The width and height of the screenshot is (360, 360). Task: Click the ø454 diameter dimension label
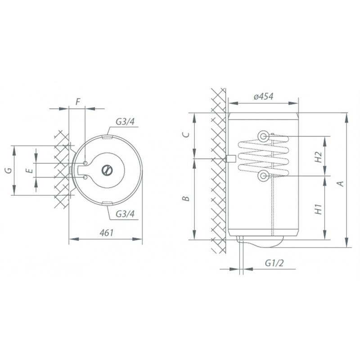(263, 97)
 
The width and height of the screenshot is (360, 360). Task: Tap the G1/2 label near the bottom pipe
(274, 263)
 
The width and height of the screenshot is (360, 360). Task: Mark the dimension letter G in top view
(7, 170)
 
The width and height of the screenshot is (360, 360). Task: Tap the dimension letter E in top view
(29, 170)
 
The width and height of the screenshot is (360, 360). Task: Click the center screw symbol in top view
(107, 170)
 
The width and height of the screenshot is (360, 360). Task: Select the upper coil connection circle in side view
(263, 135)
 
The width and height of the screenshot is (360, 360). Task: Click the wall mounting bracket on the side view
(229, 159)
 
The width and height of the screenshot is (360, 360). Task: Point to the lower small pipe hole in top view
(85, 177)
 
